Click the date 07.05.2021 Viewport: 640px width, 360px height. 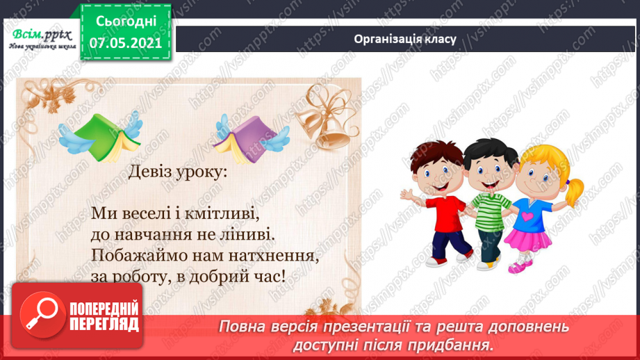click(x=126, y=43)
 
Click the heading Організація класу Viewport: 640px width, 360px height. click(x=404, y=39)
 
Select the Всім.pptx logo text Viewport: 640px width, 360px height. click(x=40, y=34)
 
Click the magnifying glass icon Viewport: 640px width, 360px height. click(x=42, y=316)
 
